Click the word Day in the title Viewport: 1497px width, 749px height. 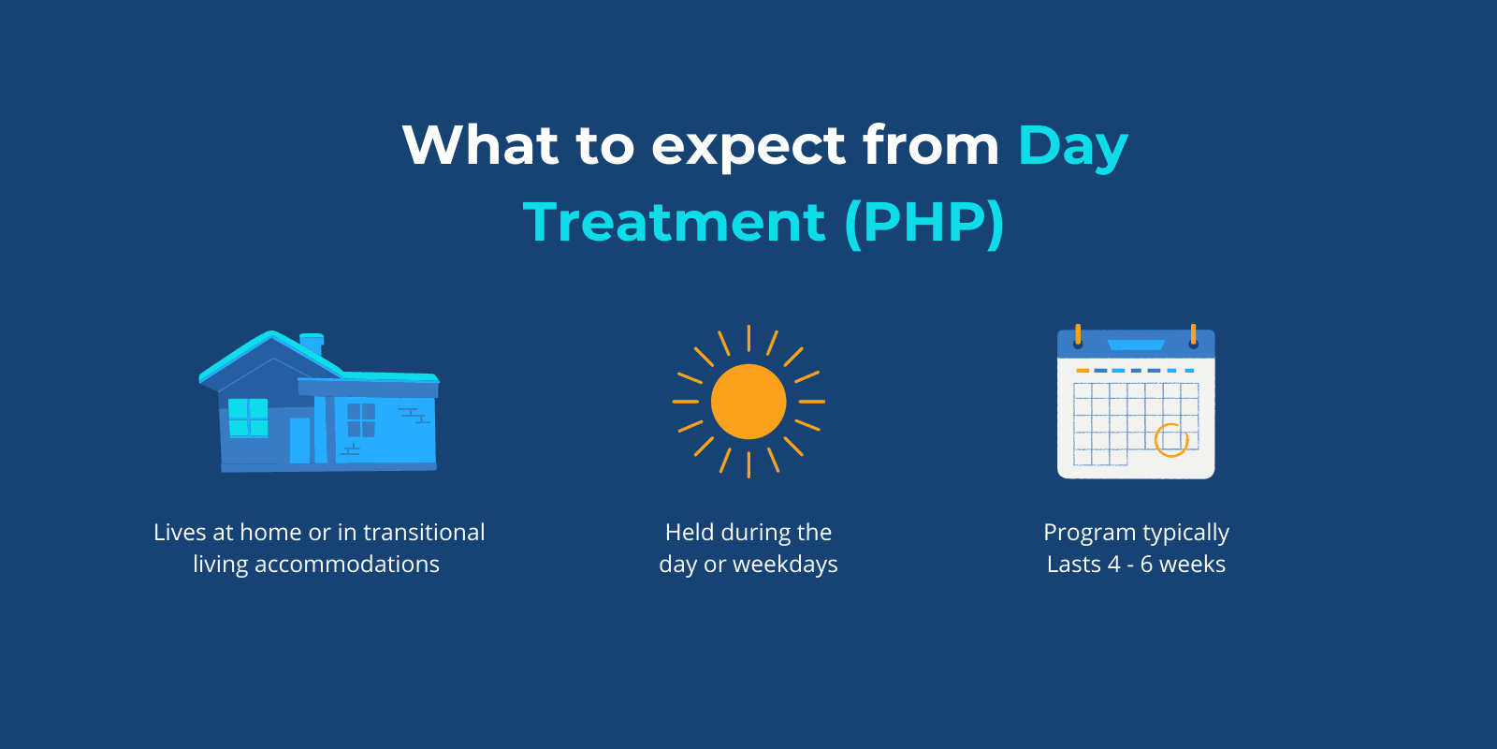tap(1072, 148)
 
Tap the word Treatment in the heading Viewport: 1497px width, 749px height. tap(674, 223)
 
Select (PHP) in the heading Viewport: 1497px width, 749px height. tap(924, 223)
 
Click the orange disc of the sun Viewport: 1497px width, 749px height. tap(748, 402)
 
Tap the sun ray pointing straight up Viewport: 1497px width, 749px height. tap(748, 338)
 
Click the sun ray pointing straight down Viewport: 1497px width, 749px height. tap(748, 464)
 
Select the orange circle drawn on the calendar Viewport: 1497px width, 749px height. tap(1170, 439)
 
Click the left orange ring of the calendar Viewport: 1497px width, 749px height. tap(1078, 335)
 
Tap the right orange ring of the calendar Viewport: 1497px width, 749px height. tap(1193, 335)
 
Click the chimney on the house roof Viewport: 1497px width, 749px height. tap(312, 343)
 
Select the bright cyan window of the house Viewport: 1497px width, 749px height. tap(248, 417)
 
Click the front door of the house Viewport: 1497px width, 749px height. tap(299, 440)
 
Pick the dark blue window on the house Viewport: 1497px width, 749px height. tap(361, 419)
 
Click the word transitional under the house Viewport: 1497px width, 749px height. tap(424, 532)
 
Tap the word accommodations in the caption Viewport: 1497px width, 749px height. tap(346, 565)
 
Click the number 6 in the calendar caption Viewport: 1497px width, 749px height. tap(1146, 565)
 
